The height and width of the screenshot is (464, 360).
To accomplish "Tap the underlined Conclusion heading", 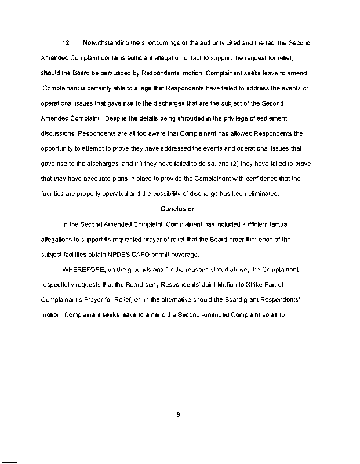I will click(178, 209).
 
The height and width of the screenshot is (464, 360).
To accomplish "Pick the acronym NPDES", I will click(141, 254).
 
